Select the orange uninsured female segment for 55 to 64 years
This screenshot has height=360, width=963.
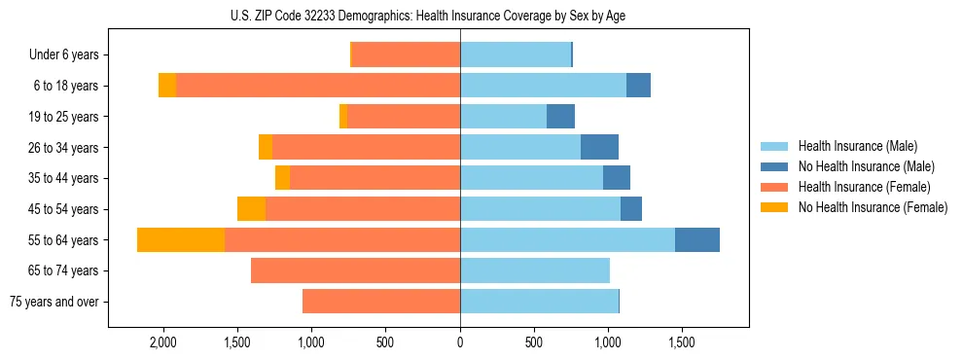[181, 239]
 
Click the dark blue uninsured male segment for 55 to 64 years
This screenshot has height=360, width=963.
[696, 239]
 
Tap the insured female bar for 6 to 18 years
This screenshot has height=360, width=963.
[318, 86]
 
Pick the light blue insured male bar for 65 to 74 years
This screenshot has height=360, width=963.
[535, 270]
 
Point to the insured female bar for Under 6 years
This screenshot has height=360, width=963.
[406, 54]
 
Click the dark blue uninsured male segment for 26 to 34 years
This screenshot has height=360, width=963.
[599, 147]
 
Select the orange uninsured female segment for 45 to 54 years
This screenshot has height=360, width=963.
[251, 209]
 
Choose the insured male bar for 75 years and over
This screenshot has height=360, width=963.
[539, 302]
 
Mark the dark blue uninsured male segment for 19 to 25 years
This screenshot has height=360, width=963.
[560, 117]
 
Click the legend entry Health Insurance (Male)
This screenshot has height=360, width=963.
[857, 146]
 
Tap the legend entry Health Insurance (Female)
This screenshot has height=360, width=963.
[863, 187]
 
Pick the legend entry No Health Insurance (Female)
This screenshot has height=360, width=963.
[872, 207]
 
